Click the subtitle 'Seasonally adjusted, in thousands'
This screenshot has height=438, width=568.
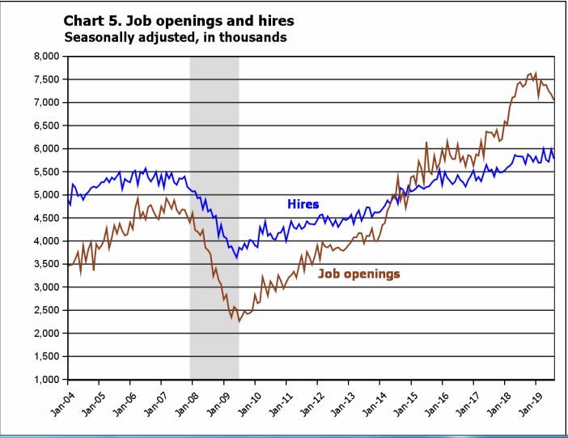(x=175, y=37)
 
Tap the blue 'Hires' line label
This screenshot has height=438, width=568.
(x=303, y=205)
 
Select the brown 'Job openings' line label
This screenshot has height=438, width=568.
(x=358, y=274)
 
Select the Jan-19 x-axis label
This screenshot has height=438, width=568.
(x=527, y=402)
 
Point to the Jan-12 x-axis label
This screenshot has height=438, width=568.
(x=307, y=402)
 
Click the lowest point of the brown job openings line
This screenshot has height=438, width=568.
(x=239, y=321)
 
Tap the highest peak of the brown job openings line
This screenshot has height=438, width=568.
(x=535, y=72)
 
